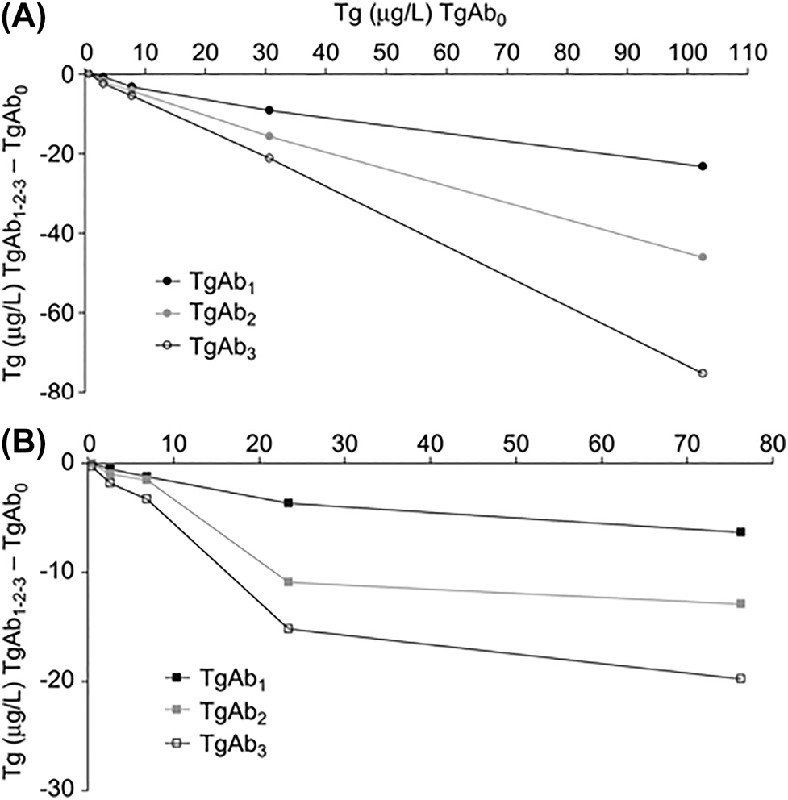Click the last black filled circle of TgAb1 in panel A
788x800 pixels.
[x=703, y=166]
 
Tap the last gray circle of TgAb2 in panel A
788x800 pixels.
[x=703, y=257]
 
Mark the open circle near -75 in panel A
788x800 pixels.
[x=703, y=373]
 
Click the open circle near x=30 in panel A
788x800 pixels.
[x=269, y=158]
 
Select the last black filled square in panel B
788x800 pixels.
[x=740, y=532]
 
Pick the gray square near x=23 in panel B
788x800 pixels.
[x=288, y=582]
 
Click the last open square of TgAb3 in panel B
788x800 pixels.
[x=740, y=679]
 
